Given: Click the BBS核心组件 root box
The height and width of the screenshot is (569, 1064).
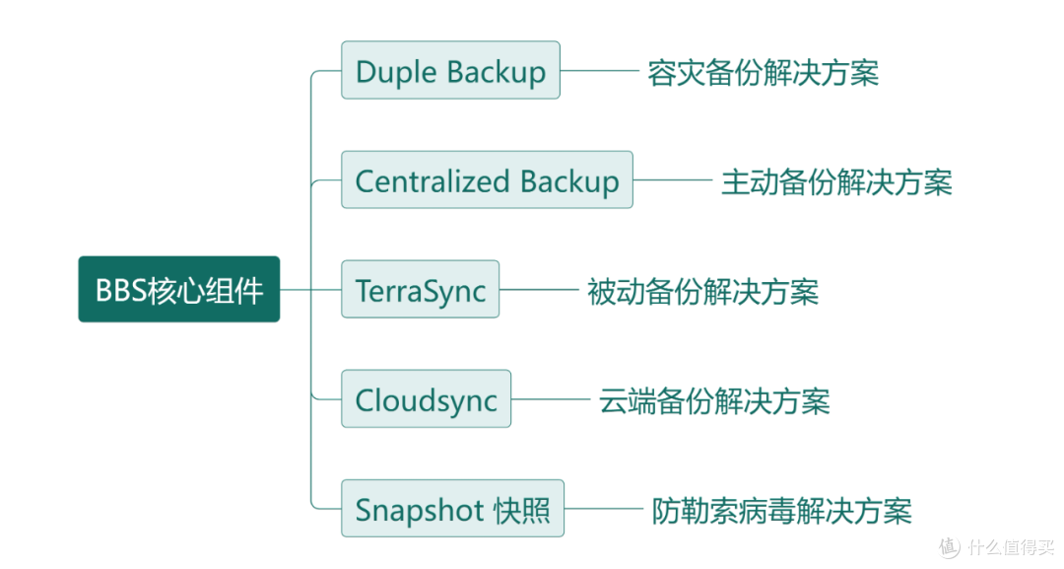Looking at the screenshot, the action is click(179, 289).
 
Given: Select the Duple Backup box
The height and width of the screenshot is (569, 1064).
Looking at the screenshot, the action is click(450, 70).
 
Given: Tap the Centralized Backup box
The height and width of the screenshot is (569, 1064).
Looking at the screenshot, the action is click(488, 179).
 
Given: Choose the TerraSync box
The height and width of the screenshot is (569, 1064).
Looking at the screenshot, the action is click(420, 289).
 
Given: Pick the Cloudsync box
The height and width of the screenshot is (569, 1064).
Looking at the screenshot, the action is click(427, 398).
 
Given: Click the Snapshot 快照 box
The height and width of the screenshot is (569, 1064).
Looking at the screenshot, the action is click(452, 509).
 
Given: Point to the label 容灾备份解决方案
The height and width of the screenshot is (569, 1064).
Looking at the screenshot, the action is click(764, 73).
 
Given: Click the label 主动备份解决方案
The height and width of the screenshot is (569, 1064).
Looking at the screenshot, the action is click(836, 182).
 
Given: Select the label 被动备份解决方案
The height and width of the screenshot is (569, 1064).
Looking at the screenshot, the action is click(703, 292).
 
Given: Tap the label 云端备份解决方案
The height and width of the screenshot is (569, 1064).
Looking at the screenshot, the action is click(714, 401).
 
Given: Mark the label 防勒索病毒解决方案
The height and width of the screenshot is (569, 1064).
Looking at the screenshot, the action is click(781, 511).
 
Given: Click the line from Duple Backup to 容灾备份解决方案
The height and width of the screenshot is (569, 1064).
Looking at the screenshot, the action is click(600, 70).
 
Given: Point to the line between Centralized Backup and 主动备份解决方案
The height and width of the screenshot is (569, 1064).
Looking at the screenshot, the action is click(673, 179).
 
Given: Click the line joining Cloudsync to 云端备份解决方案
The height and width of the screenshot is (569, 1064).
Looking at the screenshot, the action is click(551, 398).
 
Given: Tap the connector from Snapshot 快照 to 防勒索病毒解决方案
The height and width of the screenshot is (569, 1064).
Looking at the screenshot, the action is click(604, 509).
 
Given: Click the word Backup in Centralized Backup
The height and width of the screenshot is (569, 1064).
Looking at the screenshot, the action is click(569, 182).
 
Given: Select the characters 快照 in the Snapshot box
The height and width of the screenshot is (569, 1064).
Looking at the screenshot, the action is click(522, 510).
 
